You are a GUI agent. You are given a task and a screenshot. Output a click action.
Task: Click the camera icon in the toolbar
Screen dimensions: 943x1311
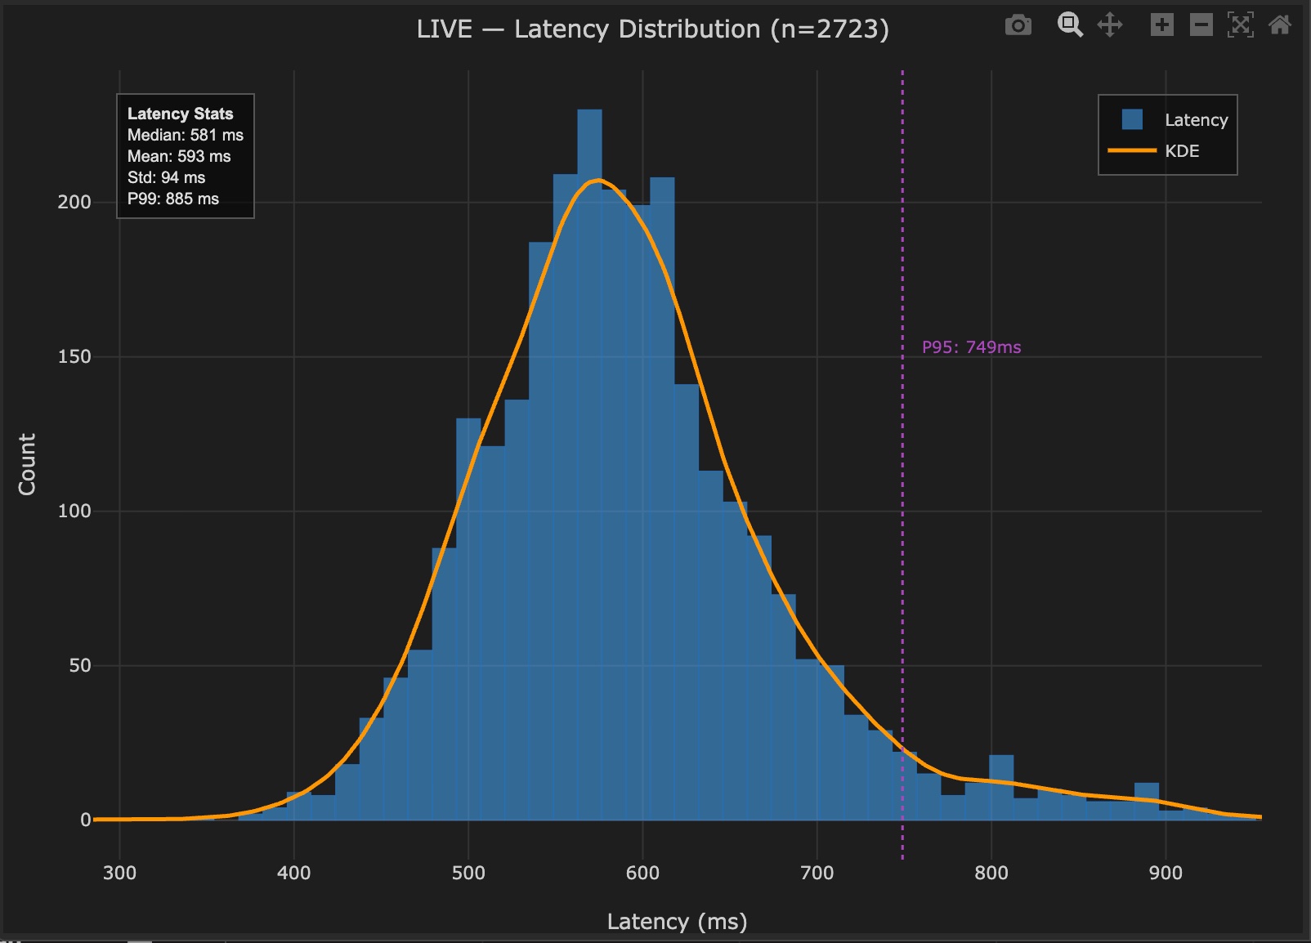(1018, 25)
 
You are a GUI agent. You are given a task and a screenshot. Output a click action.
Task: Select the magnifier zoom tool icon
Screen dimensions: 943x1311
(1069, 25)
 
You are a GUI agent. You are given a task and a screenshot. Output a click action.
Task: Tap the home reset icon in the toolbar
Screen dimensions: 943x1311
(1280, 25)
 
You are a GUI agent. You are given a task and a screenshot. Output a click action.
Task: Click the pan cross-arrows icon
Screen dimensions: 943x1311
(1109, 25)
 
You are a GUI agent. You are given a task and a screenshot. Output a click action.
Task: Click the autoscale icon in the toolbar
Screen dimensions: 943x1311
(1240, 25)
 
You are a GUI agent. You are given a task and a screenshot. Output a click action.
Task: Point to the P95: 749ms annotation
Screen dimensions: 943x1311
(971, 347)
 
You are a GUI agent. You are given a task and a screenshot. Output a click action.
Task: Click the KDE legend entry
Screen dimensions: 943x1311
(1181, 151)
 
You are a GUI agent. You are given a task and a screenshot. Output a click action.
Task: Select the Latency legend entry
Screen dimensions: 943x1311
(1195, 120)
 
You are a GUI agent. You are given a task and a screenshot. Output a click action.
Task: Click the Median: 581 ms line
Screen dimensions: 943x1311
(185, 135)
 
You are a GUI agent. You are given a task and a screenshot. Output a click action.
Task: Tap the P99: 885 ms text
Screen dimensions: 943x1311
(172, 199)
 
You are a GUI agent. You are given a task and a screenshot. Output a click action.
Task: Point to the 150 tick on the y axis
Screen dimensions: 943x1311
(74, 356)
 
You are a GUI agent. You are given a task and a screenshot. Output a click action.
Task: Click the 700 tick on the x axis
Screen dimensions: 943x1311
(817, 873)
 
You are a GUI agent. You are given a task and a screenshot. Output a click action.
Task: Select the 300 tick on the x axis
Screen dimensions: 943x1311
(119, 873)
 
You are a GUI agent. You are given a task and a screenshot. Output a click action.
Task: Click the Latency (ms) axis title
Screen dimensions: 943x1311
(677, 922)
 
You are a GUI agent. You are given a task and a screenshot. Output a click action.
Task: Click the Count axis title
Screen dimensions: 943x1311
(27, 464)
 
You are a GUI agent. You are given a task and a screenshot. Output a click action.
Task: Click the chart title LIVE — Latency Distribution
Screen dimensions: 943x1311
(652, 29)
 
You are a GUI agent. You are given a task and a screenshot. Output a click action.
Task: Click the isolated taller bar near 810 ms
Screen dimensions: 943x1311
(1001, 789)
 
